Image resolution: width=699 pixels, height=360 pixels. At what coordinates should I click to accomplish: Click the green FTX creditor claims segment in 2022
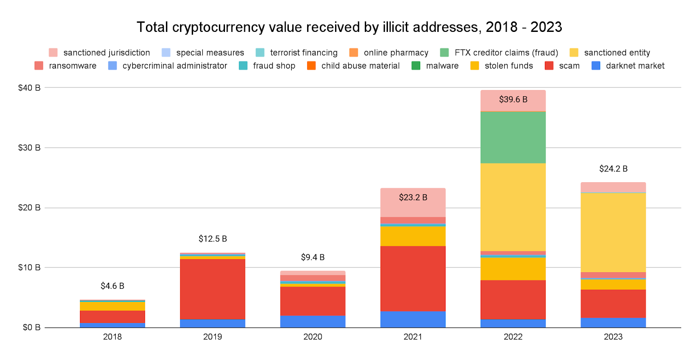513,137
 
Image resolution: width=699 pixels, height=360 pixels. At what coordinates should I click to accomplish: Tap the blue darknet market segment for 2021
413,319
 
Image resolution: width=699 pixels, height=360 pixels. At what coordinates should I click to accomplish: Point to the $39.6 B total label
513,100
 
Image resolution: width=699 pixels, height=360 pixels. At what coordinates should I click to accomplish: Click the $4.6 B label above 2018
112,286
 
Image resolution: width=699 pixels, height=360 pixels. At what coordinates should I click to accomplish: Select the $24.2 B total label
613,169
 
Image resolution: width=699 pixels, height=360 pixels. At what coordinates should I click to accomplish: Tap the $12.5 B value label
212,239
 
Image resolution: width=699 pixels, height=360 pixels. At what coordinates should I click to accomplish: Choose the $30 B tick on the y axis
29,148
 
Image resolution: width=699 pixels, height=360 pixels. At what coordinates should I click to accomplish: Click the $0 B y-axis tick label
31,327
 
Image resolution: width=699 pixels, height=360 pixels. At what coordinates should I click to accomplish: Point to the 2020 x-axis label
313,337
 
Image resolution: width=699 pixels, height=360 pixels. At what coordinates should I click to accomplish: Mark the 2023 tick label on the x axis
613,337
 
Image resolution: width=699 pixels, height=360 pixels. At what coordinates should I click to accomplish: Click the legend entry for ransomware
73,66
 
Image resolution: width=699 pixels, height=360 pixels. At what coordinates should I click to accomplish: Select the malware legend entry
442,66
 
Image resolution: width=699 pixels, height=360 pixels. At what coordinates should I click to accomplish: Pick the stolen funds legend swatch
474,66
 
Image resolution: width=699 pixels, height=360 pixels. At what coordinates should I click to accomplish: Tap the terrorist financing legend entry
304,53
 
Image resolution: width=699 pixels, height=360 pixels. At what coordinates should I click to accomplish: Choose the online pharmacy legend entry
396,53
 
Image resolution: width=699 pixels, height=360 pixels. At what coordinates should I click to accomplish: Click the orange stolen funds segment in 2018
112,306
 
